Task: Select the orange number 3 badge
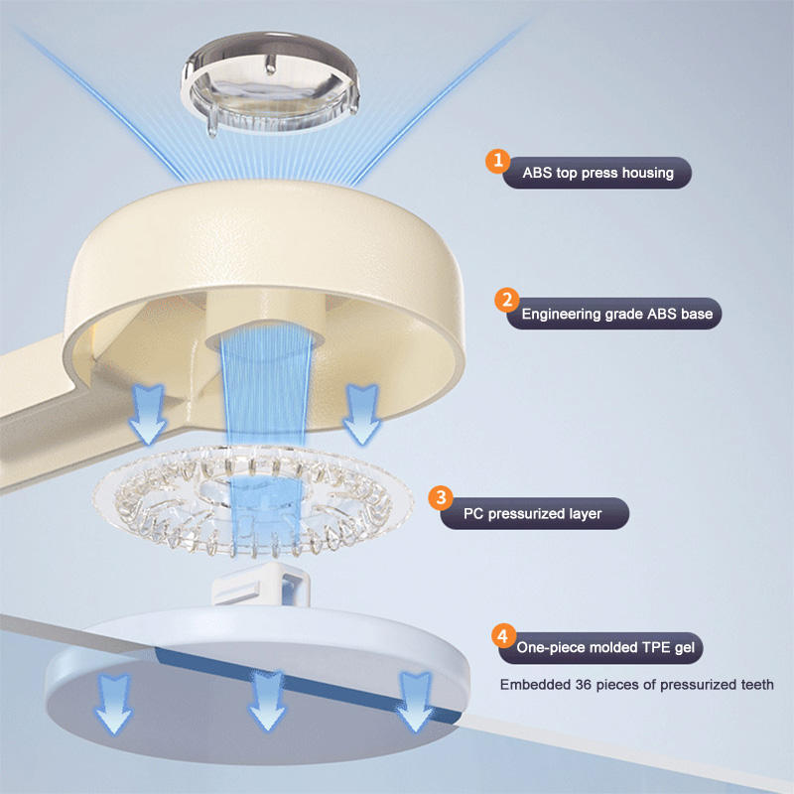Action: tap(441, 499)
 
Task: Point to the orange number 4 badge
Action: tap(504, 635)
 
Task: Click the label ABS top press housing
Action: tap(597, 173)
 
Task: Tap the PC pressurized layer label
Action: tap(532, 514)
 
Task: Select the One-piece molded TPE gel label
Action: tap(608, 650)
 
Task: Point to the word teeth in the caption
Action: tap(757, 685)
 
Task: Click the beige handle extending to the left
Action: tap(60, 387)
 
